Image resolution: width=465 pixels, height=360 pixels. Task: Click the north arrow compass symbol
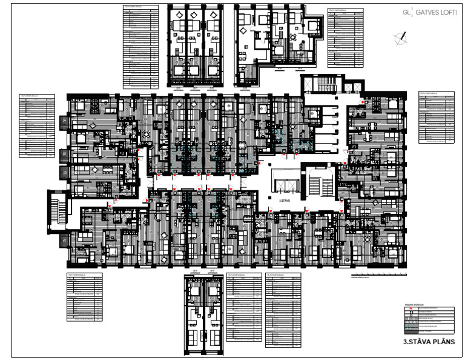click(x=400, y=38)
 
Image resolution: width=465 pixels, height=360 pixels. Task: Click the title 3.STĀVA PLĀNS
click(x=428, y=342)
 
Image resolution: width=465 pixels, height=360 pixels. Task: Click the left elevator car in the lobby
click(x=278, y=184)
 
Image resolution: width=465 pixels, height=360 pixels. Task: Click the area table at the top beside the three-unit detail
click(x=140, y=45)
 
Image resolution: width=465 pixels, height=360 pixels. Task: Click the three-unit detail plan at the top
click(x=195, y=45)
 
